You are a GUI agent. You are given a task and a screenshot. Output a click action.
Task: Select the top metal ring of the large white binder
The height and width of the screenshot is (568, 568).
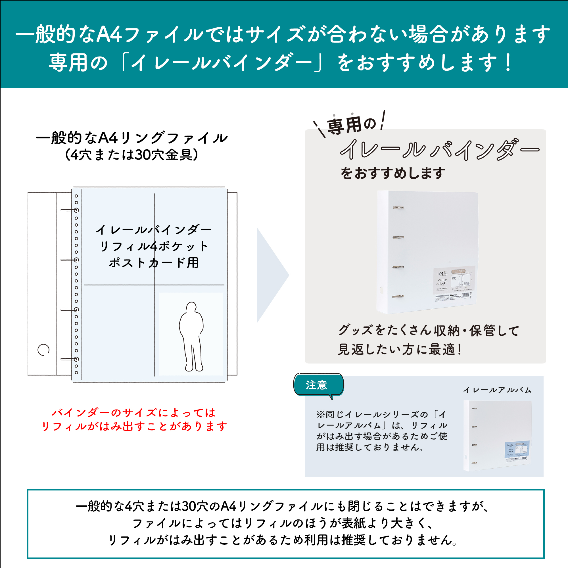point(398,208)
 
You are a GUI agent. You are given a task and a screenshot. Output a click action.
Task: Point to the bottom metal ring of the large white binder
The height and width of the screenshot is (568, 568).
point(398,297)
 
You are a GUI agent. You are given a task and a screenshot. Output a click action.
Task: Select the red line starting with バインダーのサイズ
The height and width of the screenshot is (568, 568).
point(134,413)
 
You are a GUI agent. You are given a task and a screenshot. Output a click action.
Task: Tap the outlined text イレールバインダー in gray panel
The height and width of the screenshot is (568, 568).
point(440,150)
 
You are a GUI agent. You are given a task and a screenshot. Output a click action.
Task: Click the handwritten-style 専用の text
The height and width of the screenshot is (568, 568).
point(352,125)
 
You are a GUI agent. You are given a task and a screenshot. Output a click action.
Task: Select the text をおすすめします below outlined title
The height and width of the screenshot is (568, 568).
point(393,173)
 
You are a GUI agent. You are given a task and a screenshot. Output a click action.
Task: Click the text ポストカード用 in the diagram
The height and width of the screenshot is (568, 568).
point(154,262)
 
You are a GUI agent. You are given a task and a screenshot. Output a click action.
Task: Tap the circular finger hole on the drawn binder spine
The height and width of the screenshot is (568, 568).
point(43,350)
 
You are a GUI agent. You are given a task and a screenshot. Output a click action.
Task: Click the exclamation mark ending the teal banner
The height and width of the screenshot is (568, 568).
point(508,62)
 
